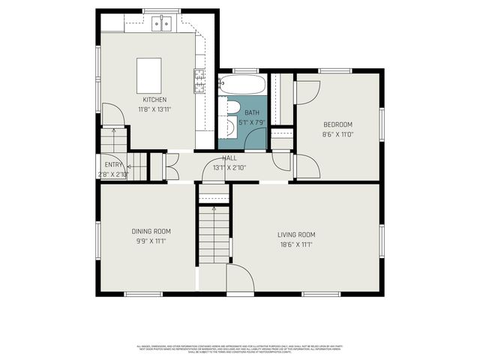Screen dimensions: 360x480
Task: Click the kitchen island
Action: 149,73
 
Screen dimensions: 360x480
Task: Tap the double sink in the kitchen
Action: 161,25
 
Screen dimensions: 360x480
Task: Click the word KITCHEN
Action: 154,100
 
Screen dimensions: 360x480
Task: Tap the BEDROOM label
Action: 337,124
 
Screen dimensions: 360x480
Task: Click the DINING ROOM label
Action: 151,231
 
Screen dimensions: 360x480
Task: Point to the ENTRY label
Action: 113,165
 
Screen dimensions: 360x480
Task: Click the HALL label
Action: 229,158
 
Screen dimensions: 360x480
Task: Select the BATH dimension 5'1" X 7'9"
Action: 252,121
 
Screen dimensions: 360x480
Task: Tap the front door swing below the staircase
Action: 241,278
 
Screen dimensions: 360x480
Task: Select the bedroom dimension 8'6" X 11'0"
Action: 337,134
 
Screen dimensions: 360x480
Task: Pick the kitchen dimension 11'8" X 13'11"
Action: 154,109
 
